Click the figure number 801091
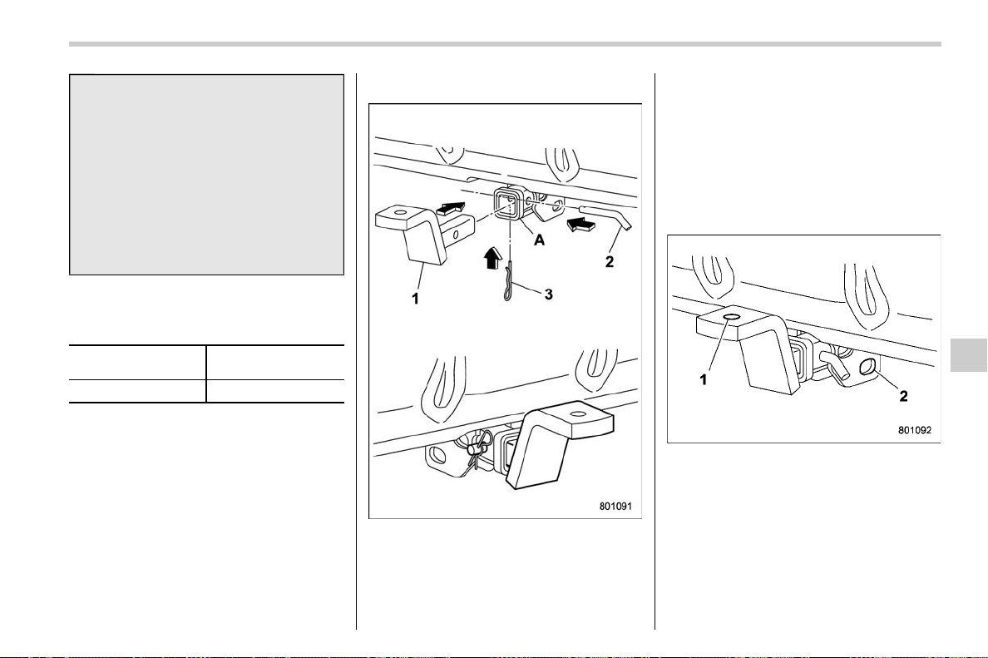click(615, 506)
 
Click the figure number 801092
click(914, 430)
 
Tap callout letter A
click(540, 240)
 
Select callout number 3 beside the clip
click(548, 294)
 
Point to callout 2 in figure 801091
click(610, 260)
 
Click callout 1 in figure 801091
click(415, 299)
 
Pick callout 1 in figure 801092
click(704, 379)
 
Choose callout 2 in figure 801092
click(903, 396)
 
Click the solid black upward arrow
click(492, 259)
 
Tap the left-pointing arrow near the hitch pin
click(580, 223)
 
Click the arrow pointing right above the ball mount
click(451, 207)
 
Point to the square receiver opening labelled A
click(506, 204)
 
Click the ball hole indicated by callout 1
click(732, 316)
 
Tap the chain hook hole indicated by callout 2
click(867, 367)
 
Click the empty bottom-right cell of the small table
click(275, 391)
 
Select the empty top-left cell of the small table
click(137, 363)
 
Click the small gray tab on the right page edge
click(969, 355)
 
